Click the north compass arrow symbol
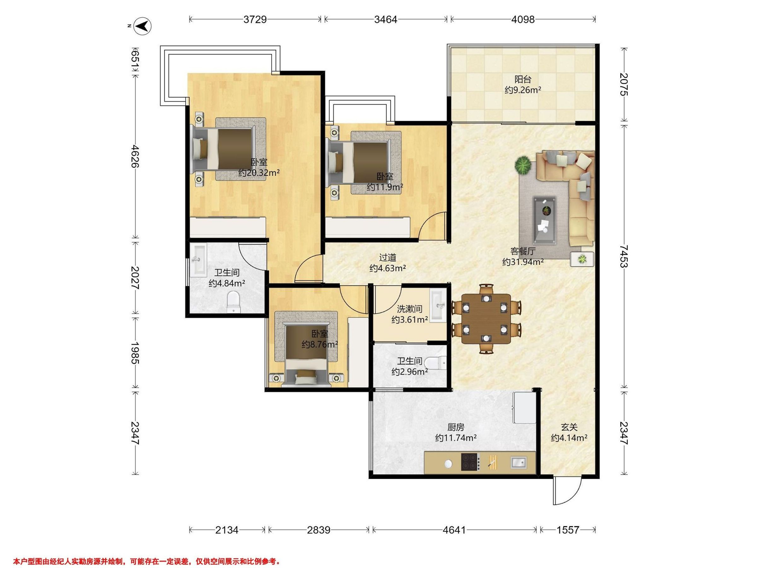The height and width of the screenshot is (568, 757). (x=143, y=26)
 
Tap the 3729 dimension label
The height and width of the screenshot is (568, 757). (x=255, y=20)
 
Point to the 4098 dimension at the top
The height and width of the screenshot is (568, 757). (x=523, y=20)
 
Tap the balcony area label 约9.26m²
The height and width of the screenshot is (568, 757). (x=523, y=90)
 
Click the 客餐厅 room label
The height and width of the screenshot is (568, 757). (x=523, y=251)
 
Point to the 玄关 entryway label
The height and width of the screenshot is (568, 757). (x=569, y=427)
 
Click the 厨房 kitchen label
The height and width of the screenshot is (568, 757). (x=456, y=427)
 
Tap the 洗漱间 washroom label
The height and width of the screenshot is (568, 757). (x=410, y=309)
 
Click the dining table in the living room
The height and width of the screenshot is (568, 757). (x=486, y=319)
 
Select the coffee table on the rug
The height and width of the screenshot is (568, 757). (x=544, y=221)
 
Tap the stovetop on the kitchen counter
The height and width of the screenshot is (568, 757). (x=470, y=461)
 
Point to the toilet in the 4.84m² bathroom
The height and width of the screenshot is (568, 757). (x=234, y=302)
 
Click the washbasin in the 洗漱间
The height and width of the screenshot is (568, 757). (x=438, y=306)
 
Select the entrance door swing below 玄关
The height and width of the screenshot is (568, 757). (x=567, y=491)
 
